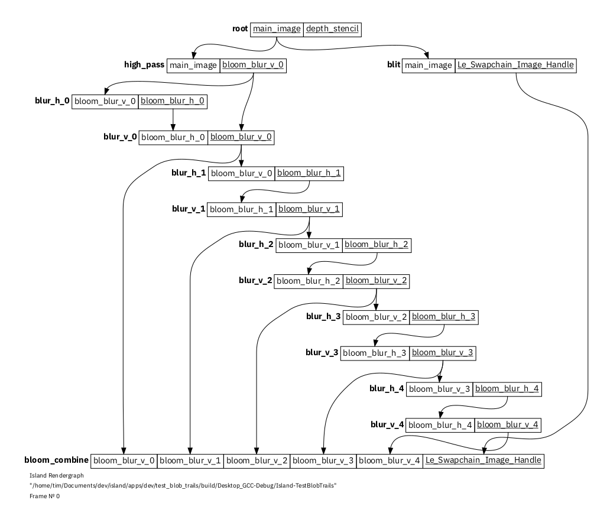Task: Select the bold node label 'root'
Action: tap(240, 29)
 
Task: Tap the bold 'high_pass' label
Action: tap(144, 65)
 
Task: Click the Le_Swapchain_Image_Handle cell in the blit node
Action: tap(515, 65)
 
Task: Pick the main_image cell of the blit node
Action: tap(429, 65)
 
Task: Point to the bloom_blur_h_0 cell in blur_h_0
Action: tap(173, 101)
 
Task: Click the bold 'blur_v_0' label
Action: tap(120, 137)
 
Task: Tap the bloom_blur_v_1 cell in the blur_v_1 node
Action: tap(309, 209)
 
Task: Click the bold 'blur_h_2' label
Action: tap(255, 245)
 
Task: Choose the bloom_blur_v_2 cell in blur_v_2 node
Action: tap(377, 280)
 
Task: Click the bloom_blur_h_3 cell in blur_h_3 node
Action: tap(443, 317)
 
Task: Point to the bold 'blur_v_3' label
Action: tap(322, 353)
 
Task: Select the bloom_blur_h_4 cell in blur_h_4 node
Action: tap(508, 388)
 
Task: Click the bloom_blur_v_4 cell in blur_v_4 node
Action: tap(508, 424)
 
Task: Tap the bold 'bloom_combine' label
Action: tap(56, 460)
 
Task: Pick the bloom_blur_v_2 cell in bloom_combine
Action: tap(257, 460)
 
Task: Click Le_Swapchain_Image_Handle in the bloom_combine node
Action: tap(483, 460)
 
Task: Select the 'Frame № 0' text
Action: tap(44, 496)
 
